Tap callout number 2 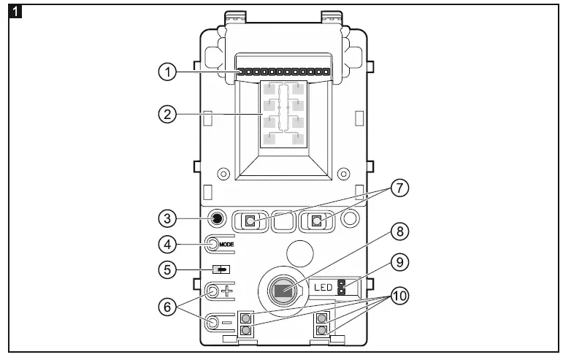pos(168,114)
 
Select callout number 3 pos(168,218)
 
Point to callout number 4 pos(168,243)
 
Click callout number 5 pos(168,269)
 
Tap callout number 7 pos(399,188)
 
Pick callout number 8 pos(399,232)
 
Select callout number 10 pos(399,297)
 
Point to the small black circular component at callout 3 pos(216,218)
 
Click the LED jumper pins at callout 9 pos(342,286)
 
